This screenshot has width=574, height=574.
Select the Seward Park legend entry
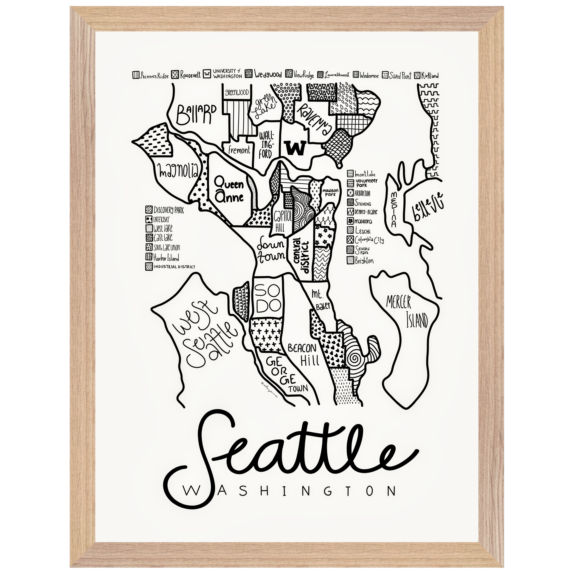tap(360, 250)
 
